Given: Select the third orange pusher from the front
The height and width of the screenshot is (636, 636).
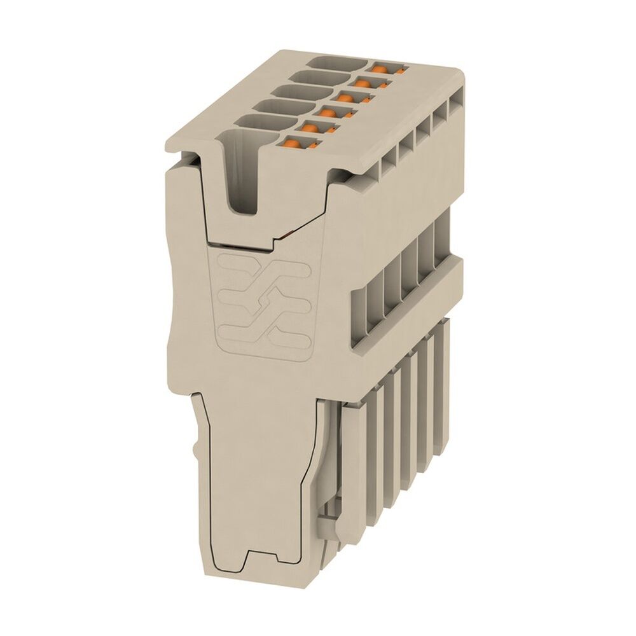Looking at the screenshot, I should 327,113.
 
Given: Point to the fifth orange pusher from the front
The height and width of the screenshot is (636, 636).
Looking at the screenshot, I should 364,81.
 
